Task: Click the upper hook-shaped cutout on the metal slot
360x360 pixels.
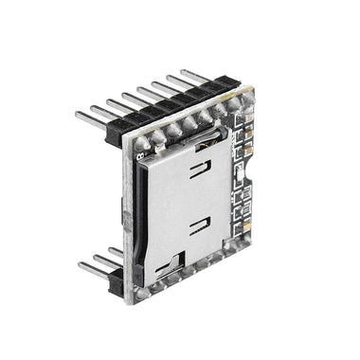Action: [x=200, y=171]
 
